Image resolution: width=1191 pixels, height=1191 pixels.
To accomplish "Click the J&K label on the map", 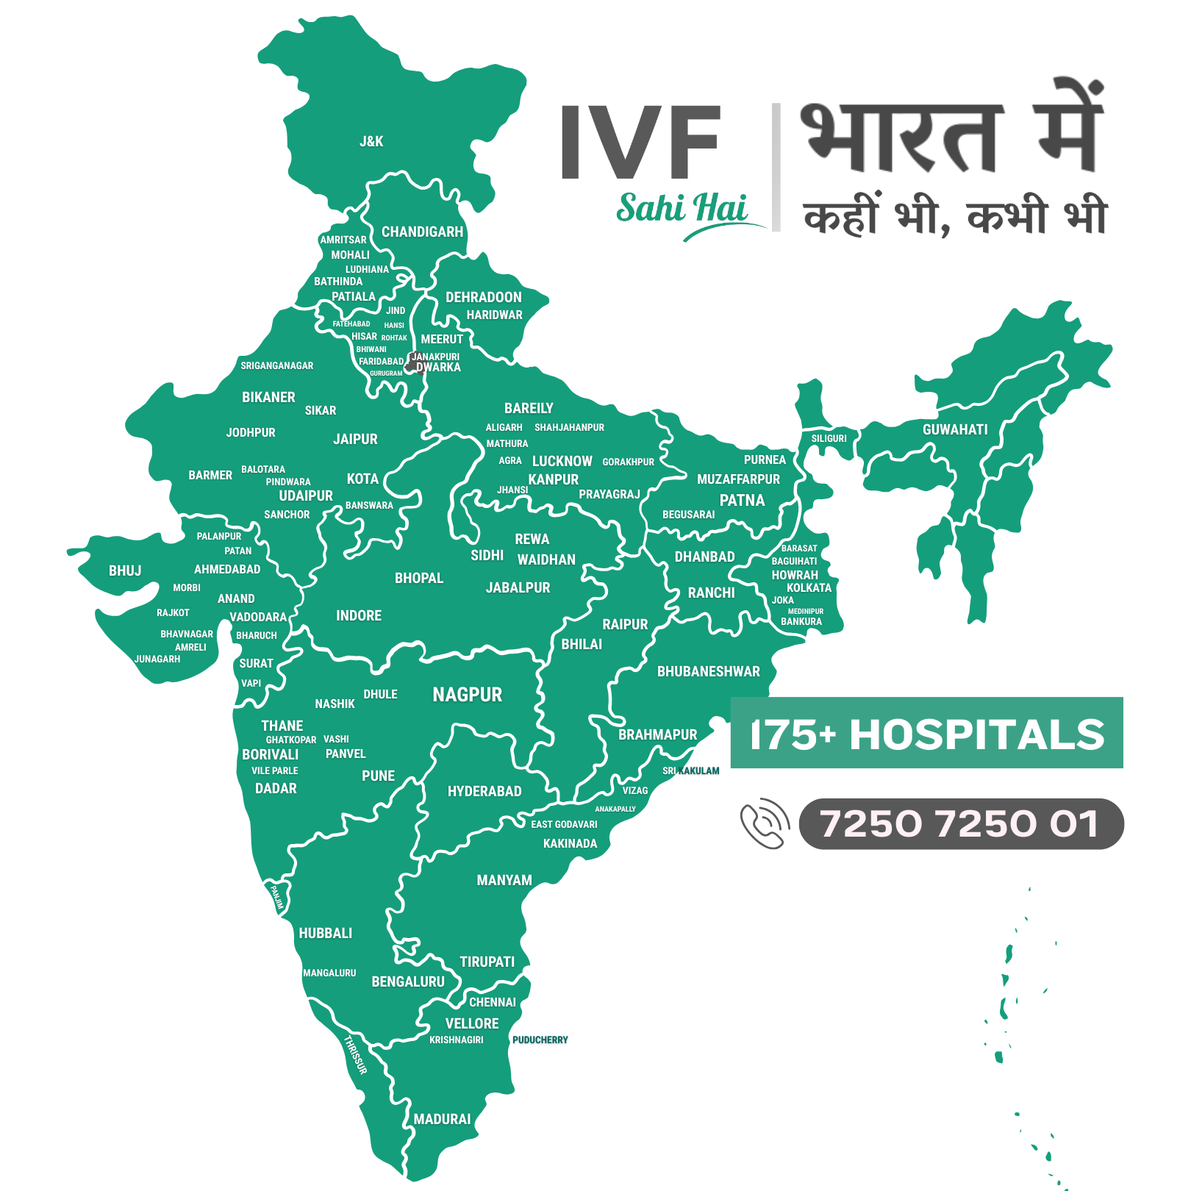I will pyautogui.click(x=371, y=141).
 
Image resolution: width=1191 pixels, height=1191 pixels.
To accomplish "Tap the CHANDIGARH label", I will pyautogui.click(x=422, y=232).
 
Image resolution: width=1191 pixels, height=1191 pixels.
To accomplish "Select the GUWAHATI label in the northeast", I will pyautogui.click(x=955, y=429).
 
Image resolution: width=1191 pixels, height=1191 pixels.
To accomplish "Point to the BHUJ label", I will pyautogui.click(x=125, y=571).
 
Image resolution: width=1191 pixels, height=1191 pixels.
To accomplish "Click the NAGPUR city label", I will pyautogui.click(x=468, y=695).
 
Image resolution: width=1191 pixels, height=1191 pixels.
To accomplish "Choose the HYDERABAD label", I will pyautogui.click(x=484, y=791).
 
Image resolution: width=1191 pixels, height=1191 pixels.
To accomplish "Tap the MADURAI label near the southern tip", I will pyautogui.click(x=442, y=1119).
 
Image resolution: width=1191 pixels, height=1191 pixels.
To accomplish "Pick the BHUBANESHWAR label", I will pyautogui.click(x=709, y=671).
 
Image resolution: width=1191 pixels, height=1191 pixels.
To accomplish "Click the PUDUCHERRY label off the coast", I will pyautogui.click(x=540, y=1040).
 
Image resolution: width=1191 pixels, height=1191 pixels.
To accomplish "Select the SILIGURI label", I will pyautogui.click(x=829, y=438).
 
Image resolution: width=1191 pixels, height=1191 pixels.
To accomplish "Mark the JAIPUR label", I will pyautogui.click(x=355, y=439).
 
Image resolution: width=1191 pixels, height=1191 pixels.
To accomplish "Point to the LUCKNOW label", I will pyautogui.click(x=562, y=461).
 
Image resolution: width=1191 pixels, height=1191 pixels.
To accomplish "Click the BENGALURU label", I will pyautogui.click(x=408, y=981).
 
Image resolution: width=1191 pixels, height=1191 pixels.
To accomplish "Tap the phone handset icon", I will pyautogui.click(x=765, y=823).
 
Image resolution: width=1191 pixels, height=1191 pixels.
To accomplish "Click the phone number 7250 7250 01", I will pyautogui.click(x=960, y=823).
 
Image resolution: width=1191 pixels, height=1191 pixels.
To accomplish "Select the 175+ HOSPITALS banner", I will pyautogui.click(x=926, y=733).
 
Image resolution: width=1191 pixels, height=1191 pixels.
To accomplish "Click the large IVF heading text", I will pyautogui.click(x=640, y=141).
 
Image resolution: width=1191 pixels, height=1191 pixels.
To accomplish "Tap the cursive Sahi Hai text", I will pyautogui.click(x=682, y=208).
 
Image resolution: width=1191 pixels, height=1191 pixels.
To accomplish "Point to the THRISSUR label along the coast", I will pyautogui.click(x=356, y=1054).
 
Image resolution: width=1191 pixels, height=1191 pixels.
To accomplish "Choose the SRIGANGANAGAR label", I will pyautogui.click(x=277, y=365).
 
